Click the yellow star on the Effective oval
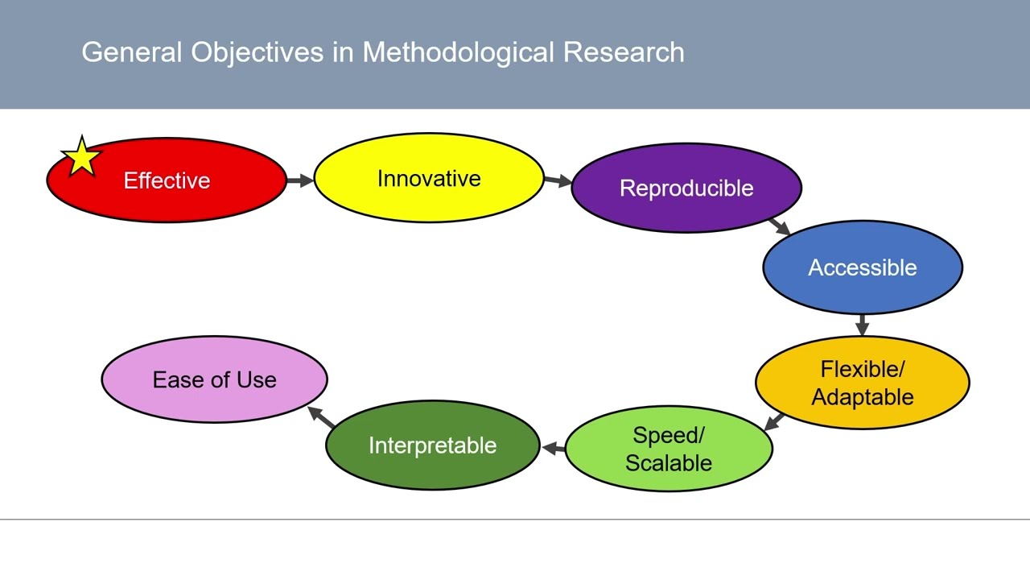coord(81,156)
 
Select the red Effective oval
coord(167,180)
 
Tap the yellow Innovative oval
coord(429,178)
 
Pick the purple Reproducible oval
coord(686,188)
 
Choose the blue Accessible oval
coord(862,267)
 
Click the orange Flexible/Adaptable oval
coord(862,383)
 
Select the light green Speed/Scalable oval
coord(669,449)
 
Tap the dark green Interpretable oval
coord(432,445)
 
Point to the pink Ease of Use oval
coord(214,379)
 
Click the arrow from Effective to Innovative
coord(299,180)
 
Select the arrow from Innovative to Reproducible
coord(557,181)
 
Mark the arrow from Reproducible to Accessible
coord(779,226)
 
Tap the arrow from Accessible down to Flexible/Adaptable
coord(863,325)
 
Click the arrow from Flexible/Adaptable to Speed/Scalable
coord(774,422)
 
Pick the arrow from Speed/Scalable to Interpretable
coord(552,447)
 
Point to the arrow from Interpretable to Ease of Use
coord(322,416)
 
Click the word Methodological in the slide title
coord(458,52)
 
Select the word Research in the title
coord(624,52)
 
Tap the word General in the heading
coord(132,52)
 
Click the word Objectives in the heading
coord(258,52)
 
